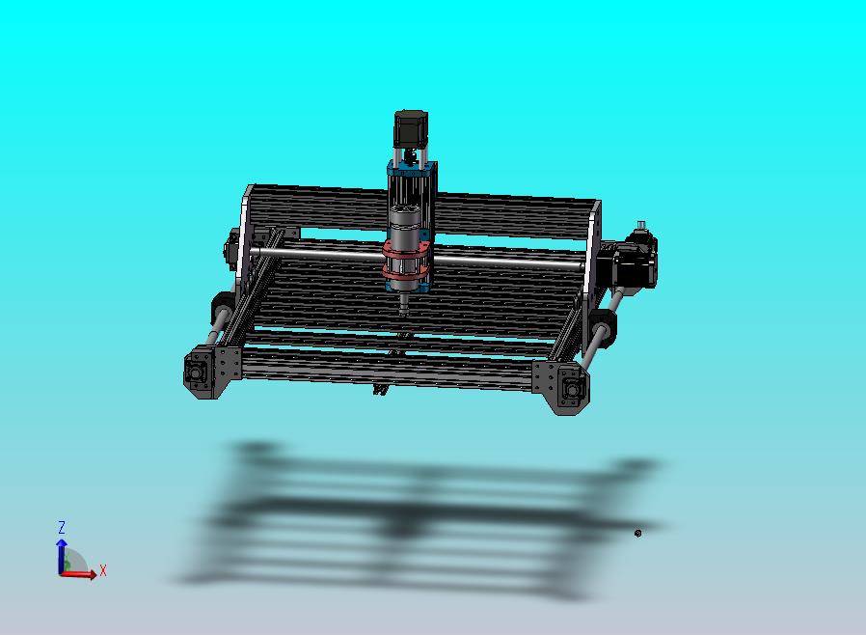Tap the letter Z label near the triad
tap(62, 528)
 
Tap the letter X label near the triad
tap(103, 570)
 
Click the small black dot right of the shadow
tap(637, 533)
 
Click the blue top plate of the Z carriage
tap(412, 169)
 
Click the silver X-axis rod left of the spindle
tap(318, 254)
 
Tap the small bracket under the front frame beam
tap(382, 389)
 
